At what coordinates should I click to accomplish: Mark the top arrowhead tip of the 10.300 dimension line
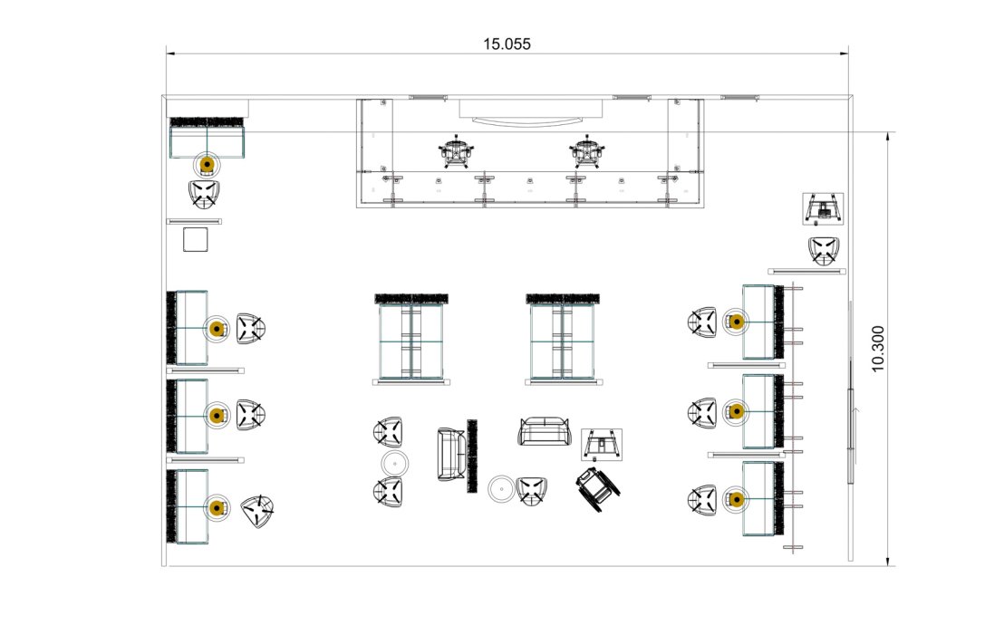point(888,133)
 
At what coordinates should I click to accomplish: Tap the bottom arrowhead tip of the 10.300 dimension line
point(888,566)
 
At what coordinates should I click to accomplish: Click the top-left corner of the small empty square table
point(184,228)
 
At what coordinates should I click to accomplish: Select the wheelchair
point(598,488)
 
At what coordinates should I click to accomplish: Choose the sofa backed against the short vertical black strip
point(451,454)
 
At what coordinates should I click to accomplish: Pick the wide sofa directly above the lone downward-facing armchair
point(544,431)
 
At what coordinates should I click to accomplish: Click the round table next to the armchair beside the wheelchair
point(502,489)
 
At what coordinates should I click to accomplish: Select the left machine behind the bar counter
point(456,152)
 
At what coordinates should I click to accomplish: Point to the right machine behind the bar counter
point(586,152)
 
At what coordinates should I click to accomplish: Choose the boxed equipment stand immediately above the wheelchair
point(602,445)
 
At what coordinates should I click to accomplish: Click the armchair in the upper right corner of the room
point(824,251)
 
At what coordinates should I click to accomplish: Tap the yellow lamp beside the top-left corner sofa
point(207,165)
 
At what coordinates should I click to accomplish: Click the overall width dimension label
point(507,44)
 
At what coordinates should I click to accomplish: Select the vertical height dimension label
point(877,349)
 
